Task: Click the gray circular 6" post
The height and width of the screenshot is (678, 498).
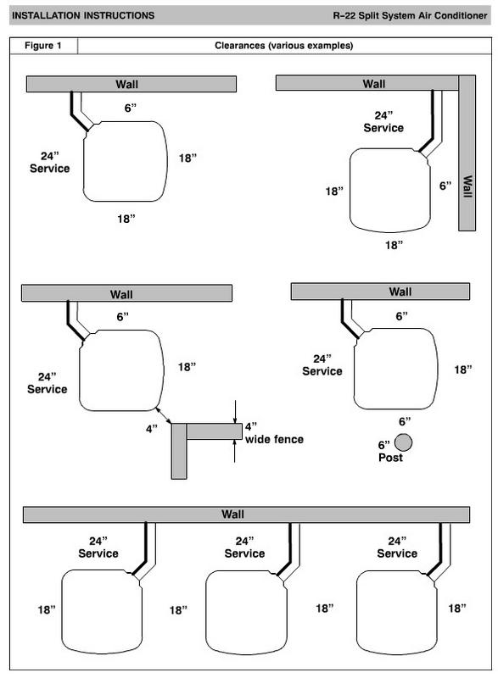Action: pos(403,442)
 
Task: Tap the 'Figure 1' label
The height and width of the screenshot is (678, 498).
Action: pos(42,46)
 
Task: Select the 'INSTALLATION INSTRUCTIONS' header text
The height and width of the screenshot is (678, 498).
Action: pos(83,15)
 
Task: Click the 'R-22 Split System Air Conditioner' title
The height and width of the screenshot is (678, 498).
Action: pos(410,15)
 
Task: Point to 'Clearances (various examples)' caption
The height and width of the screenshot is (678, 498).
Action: pos(284,46)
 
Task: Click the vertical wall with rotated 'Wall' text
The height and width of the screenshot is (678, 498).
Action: pos(467,153)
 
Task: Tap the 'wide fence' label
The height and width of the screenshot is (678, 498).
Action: pos(274,439)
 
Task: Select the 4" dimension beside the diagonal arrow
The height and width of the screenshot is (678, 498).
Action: pos(151,429)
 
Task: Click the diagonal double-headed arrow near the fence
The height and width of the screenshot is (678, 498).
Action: pos(164,415)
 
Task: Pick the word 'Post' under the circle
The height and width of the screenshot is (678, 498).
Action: pos(390,458)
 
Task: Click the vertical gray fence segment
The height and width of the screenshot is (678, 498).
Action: pos(179,451)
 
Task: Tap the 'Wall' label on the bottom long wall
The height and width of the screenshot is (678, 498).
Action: pos(232,514)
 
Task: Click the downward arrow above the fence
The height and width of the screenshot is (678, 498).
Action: pos(235,412)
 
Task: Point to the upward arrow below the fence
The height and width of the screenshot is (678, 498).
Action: pos(235,451)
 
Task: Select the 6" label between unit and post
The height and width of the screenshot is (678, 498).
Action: pos(405,421)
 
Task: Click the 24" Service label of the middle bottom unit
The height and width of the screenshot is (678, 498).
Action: pos(244,547)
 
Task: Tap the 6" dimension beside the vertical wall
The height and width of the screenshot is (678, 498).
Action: pos(445,186)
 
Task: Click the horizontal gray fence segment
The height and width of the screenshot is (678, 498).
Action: pos(214,431)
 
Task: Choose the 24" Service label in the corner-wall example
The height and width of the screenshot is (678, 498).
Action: pos(383,122)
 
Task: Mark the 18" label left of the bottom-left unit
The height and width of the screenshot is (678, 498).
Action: pos(47,609)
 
